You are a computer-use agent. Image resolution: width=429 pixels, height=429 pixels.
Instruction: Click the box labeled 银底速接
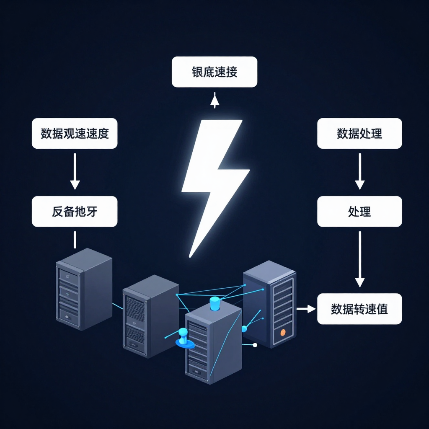click(x=214, y=72)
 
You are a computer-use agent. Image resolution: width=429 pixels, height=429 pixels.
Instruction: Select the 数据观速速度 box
click(x=75, y=133)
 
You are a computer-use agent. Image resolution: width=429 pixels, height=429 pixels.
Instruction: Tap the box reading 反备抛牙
click(x=75, y=212)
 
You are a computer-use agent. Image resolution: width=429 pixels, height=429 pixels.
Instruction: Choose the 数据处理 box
click(x=359, y=133)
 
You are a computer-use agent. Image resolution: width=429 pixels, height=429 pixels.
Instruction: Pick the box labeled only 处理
click(x=359, y=212)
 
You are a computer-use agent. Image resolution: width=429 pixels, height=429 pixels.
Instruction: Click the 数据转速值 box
click(x=359, y=309)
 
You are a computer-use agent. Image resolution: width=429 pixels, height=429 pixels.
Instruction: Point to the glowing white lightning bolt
click(x=214, y=180)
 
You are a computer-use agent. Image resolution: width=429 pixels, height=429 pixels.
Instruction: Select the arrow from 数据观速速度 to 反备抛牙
click(x=75, y=172)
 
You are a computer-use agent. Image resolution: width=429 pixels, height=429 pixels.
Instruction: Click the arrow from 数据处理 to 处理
click(x=359, y=172)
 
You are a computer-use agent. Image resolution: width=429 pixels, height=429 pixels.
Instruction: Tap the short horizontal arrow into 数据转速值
click(x=306, y=309)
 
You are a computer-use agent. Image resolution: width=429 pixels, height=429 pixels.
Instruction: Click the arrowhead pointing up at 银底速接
click(x=215, y=101)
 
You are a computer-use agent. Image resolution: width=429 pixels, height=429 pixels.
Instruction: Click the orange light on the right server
click(x=283, y=332)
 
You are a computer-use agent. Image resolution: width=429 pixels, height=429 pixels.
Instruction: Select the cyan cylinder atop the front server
click(x=214, y=303)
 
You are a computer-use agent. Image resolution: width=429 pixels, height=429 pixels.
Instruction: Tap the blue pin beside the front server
click(x=183, y=338)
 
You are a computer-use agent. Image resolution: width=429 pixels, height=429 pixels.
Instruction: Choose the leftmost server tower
click(x=84, y=289)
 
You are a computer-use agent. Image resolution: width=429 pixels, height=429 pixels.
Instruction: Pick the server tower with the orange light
click(x=270, y=304)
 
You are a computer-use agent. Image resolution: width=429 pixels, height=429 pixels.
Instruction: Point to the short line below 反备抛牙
click(x=75, y=239)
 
